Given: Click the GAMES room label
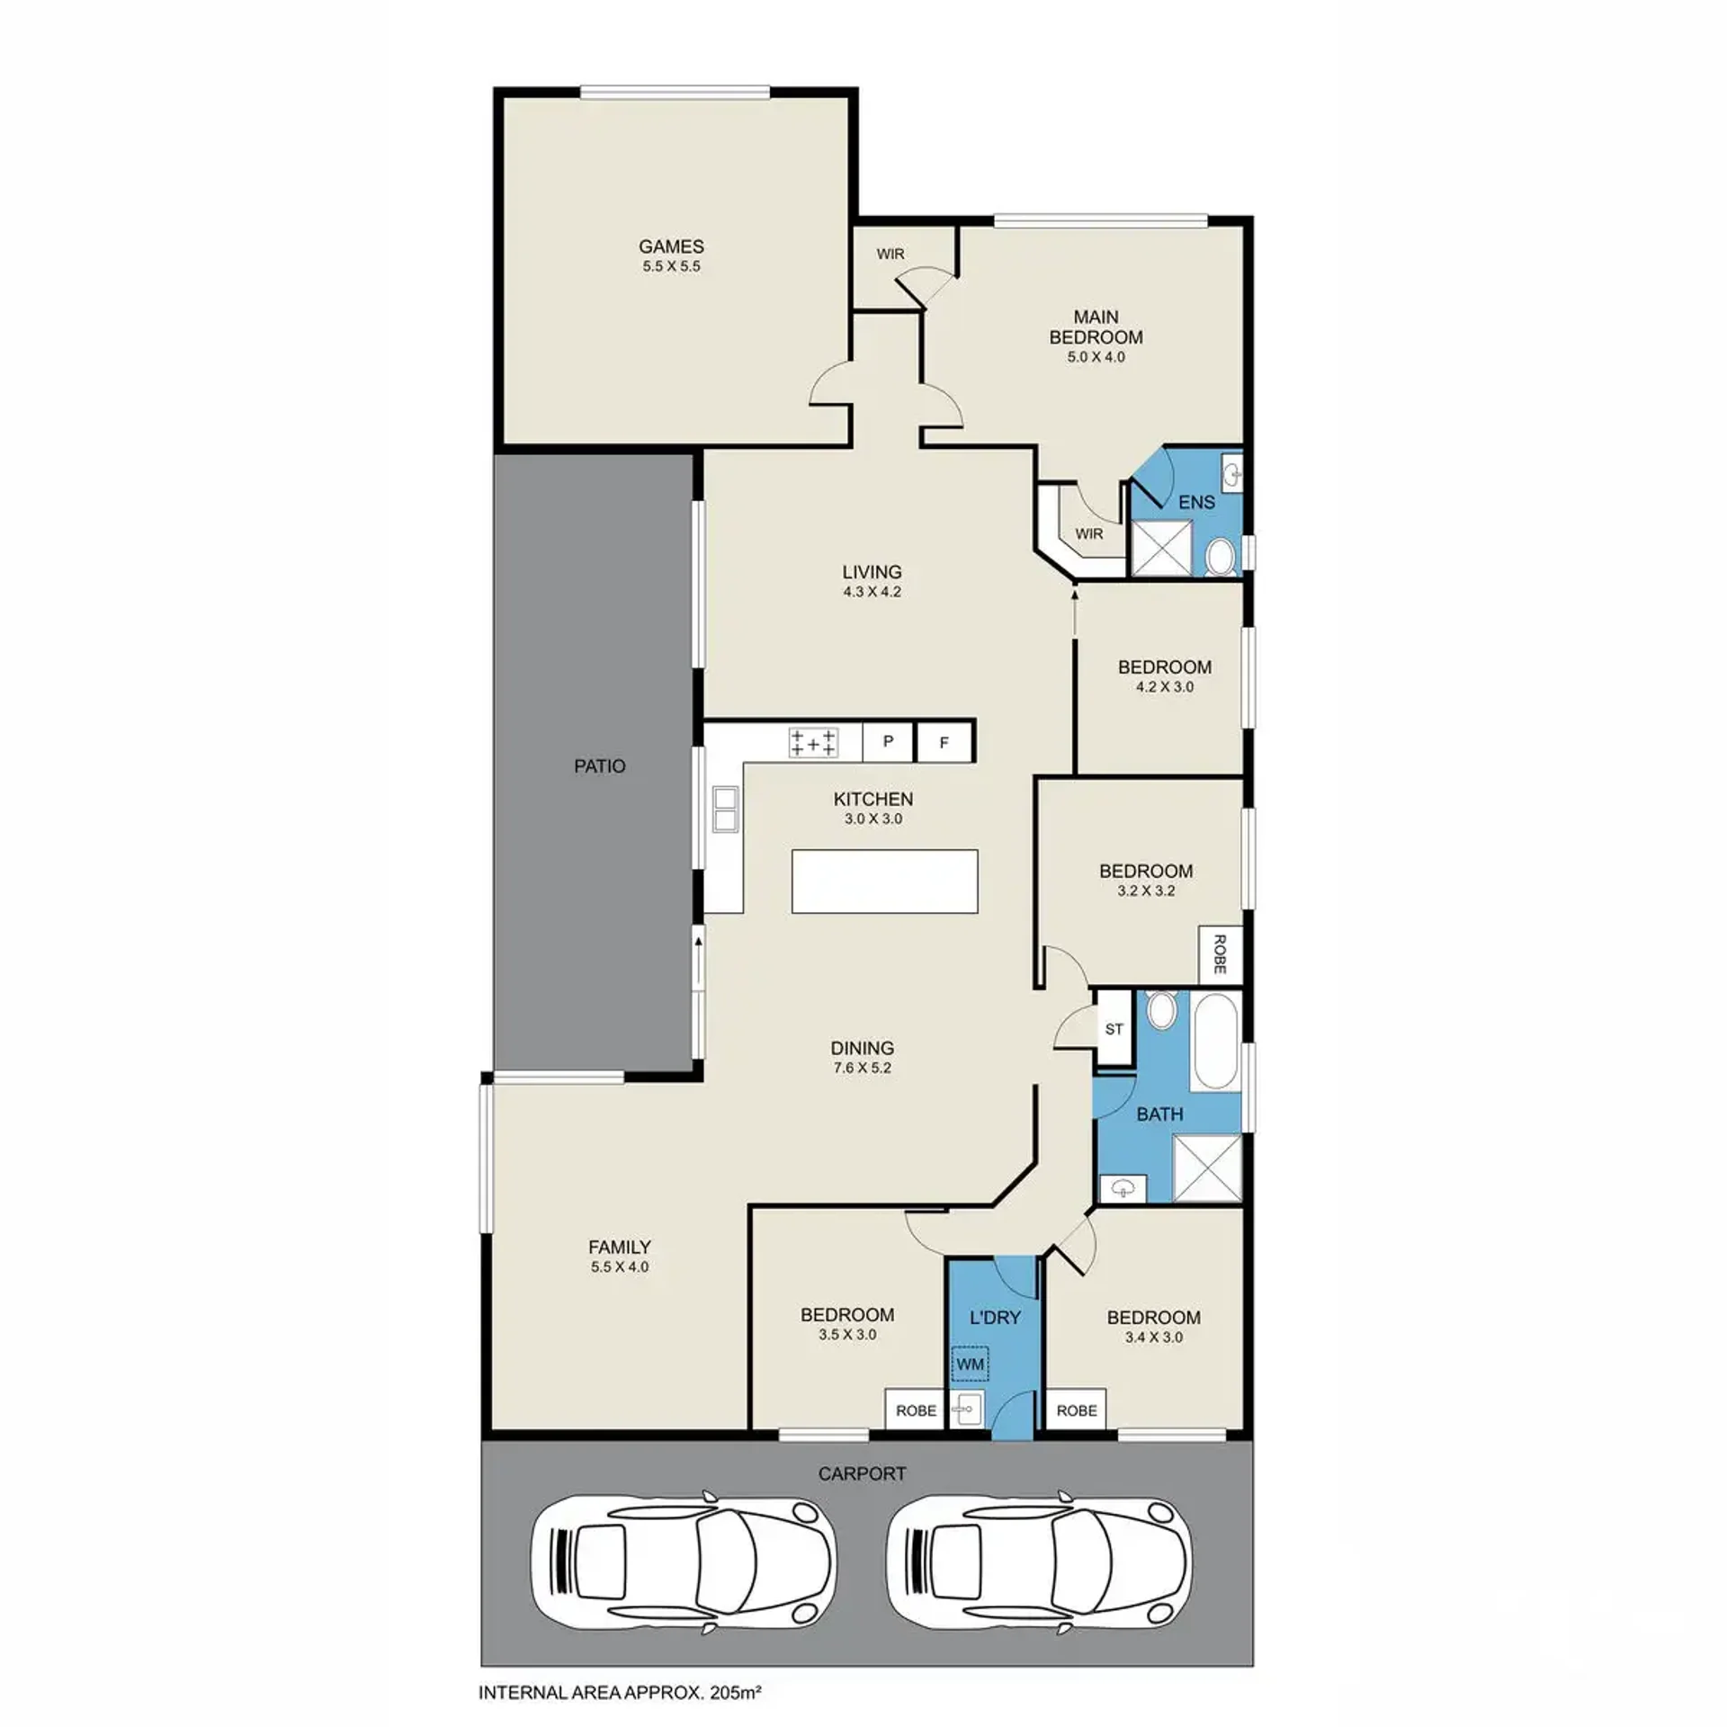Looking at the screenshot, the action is [x=671, y=246].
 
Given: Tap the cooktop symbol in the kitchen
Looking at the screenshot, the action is [x=813, y=743].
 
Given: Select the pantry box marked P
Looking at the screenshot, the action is [x=888, y=742].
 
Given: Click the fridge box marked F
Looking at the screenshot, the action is [x=944, y=743].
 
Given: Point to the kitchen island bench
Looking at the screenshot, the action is [x=884, y=881].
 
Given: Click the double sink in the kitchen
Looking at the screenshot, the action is [x=725, y=809].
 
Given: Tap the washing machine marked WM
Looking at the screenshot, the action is [x=971, y=1365].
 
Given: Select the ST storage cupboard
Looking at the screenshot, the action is [x=1114, y=1028].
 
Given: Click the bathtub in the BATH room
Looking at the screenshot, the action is [x=1215, y=1042].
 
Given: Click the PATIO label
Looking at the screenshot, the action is [x=600, y=766].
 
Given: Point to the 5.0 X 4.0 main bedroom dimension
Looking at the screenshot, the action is [x=1096, y=357].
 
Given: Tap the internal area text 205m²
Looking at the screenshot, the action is [x=736, y=1693].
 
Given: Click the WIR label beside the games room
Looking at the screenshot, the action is [x=890, y=255].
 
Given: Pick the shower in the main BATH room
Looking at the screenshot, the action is [x=1207, y=1168].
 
